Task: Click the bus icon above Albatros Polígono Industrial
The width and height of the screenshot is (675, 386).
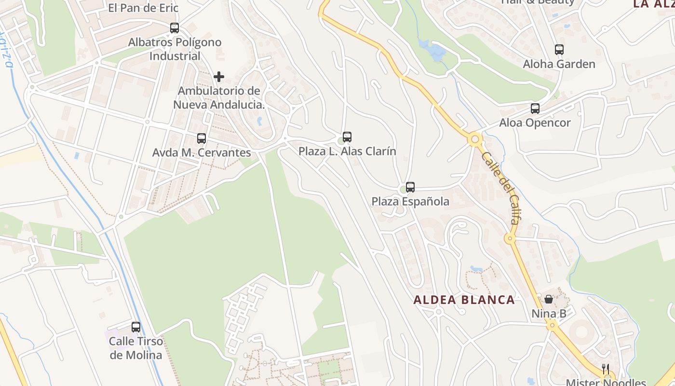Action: [175, 28]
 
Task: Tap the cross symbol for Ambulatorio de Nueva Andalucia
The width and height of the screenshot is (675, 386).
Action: [219, 77]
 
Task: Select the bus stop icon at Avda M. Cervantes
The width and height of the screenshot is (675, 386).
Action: [202, 138]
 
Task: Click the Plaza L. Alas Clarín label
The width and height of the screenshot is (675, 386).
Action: [347, 152]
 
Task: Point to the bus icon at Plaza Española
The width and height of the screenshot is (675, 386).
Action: [410, 187]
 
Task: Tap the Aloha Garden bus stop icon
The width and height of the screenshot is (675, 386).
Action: [559, 50]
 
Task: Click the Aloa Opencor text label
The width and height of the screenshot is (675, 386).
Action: [535, 123]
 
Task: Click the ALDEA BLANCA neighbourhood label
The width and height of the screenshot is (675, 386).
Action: [464, 300]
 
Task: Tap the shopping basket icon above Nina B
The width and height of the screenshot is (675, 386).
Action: [549, 299]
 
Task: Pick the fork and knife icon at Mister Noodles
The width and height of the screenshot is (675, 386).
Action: [606, 370]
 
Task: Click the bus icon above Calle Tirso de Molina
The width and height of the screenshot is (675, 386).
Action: [136, 327]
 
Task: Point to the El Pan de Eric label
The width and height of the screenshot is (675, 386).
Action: [143, 8]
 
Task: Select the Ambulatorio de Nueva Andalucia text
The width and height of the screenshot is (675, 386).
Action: [219, 97]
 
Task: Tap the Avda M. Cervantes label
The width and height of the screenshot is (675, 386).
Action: [202, 153]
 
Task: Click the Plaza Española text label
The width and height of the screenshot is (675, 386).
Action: [410, 202]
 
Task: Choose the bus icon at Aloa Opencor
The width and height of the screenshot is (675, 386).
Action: [535, 109]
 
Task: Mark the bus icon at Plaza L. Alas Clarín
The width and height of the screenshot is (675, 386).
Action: [347, 137]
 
